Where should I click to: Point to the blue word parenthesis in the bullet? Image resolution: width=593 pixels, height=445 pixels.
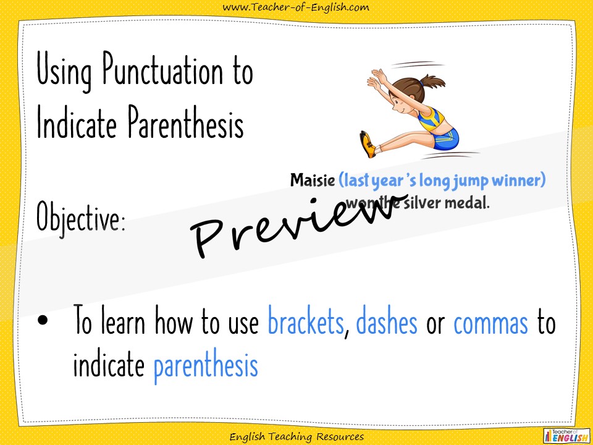205,366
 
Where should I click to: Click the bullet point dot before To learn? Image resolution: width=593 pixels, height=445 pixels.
43,322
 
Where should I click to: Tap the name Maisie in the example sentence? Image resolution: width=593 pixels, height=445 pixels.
313,180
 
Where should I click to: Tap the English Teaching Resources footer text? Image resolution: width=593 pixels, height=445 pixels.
296,437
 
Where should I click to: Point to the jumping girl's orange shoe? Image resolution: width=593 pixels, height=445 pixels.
368,143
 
